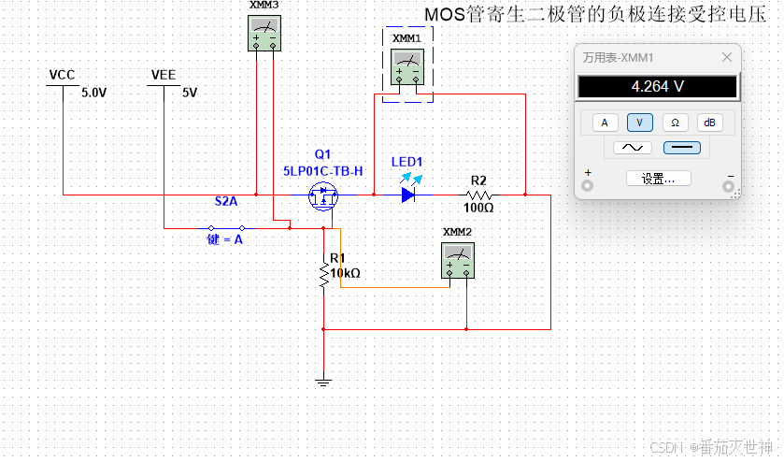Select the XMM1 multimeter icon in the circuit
click(x=407, y=66)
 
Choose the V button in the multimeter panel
click(x=640, y=123)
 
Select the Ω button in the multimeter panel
click(x=675, y=123)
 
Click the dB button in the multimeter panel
click(x=709, y=123)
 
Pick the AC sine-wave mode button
click(x=632, y=148)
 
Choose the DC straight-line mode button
click(x=682, y=148)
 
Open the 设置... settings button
click(x=658, y=178)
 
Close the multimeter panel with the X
click(x=727, y=57)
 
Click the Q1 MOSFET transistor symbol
click(x=324, y=196)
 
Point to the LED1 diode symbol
click(x=408, y=195)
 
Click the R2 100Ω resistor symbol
click(x=478, y=195)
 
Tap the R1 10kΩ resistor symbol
click(x=323, y=274)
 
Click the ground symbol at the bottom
click(x=323, y=381)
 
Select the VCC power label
click(x=63, y=75)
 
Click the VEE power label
click(x=164, y=75)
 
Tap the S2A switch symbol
click(x=226, y=227)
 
